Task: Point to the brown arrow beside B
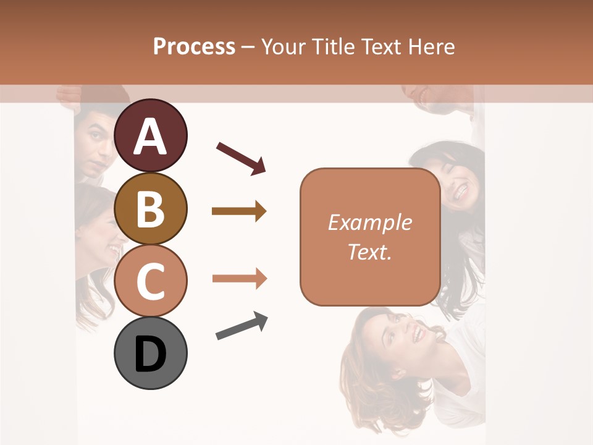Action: point(239,211)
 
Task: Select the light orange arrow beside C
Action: point(239,279)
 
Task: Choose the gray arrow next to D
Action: point(242,326)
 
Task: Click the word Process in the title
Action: point(194,46)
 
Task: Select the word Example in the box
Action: point(370,222)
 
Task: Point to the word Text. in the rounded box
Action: point(370,252)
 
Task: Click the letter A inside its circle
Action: point(151,137)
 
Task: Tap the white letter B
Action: point(151,209)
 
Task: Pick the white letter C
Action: point(151,281)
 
